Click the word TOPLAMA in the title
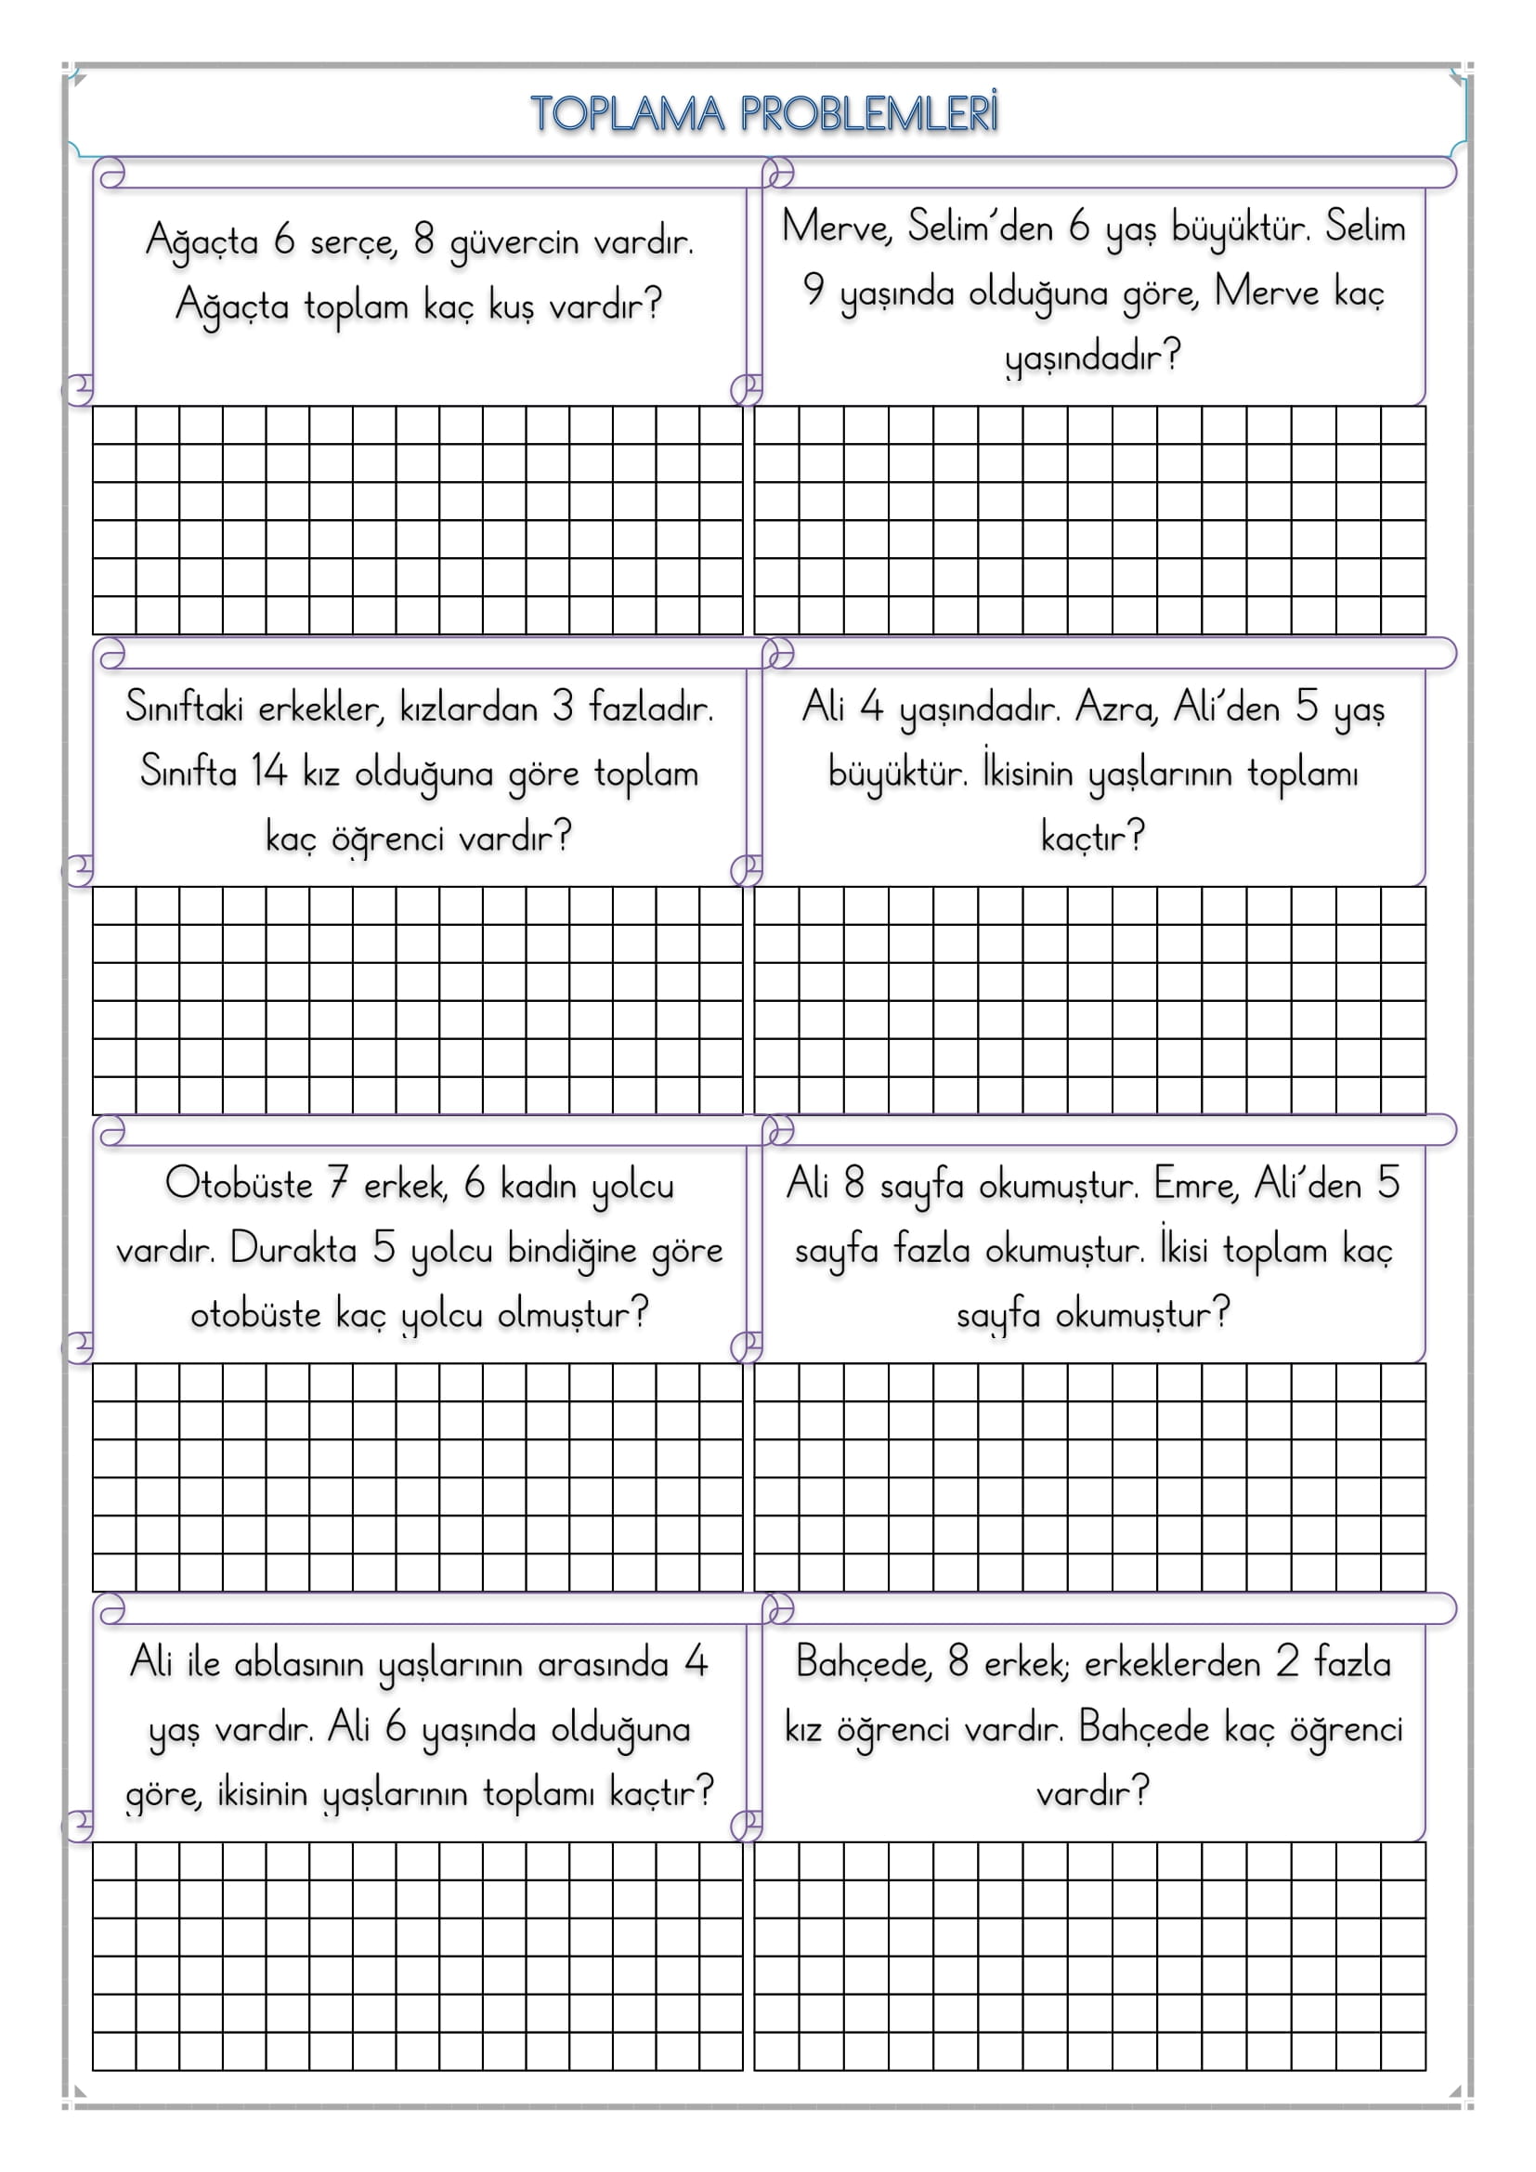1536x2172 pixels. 627,113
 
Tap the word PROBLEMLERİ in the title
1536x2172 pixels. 868,113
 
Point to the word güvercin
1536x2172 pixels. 514,242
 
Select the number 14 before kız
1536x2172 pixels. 267,771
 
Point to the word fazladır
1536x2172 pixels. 651,708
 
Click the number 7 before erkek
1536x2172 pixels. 339,1183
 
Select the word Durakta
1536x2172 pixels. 293,1249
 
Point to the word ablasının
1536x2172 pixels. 299,1663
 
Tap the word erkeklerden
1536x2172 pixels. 1172,1663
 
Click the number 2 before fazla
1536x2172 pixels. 1286,1662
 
